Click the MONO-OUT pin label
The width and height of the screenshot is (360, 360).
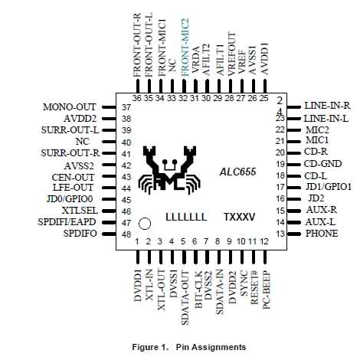(69, 107)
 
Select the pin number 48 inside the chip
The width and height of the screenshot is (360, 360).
(126, 234)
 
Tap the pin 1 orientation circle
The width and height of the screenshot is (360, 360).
(145, 224)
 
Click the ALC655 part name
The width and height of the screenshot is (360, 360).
(237, 172)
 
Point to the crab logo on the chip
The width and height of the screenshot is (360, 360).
(169, 170)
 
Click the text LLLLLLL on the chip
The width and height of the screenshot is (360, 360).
(186, 218)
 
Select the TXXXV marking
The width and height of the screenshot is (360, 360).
(239, 217)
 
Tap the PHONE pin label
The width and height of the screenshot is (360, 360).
(322, 234)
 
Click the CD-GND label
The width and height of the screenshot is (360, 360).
(322, 164)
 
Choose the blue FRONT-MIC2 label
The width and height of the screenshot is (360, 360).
(185, 47)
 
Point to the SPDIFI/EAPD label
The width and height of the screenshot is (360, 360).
(67, 222)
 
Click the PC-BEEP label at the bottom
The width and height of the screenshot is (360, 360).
(267, 290)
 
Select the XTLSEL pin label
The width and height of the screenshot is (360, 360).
(80, 211)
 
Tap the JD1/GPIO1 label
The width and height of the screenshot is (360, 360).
(329, 187)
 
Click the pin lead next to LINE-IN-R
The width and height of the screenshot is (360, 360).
(294, 107)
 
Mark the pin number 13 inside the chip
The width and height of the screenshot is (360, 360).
(280, 234)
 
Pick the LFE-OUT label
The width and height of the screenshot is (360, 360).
(73, 188)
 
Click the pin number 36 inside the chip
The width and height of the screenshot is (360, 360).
(137, 98)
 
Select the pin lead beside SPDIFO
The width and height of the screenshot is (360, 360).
(109, 234)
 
